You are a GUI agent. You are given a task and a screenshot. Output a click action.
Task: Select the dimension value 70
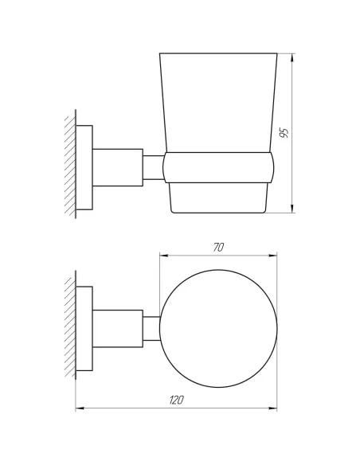click(x=218, y=247)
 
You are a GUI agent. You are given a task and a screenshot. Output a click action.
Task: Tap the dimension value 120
click(x=177, y=401)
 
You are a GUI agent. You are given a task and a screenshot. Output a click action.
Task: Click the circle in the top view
click(x=219, y=328)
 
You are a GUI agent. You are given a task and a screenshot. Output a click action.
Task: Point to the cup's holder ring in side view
click(x=219, y=168)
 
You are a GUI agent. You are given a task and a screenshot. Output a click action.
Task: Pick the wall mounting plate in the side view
click(x=85, y=167)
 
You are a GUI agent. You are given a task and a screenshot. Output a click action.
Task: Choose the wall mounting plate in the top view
click(x=85, y=328)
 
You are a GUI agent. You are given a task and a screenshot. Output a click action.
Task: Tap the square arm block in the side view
click(x=118, y=167)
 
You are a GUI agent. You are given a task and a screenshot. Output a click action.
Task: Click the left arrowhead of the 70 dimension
click(x=165, y=256)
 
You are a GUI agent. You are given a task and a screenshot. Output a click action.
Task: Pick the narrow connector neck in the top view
click(x=151, y=328)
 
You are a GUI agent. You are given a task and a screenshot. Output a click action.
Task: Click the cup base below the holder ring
click(x=219, y=199)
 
